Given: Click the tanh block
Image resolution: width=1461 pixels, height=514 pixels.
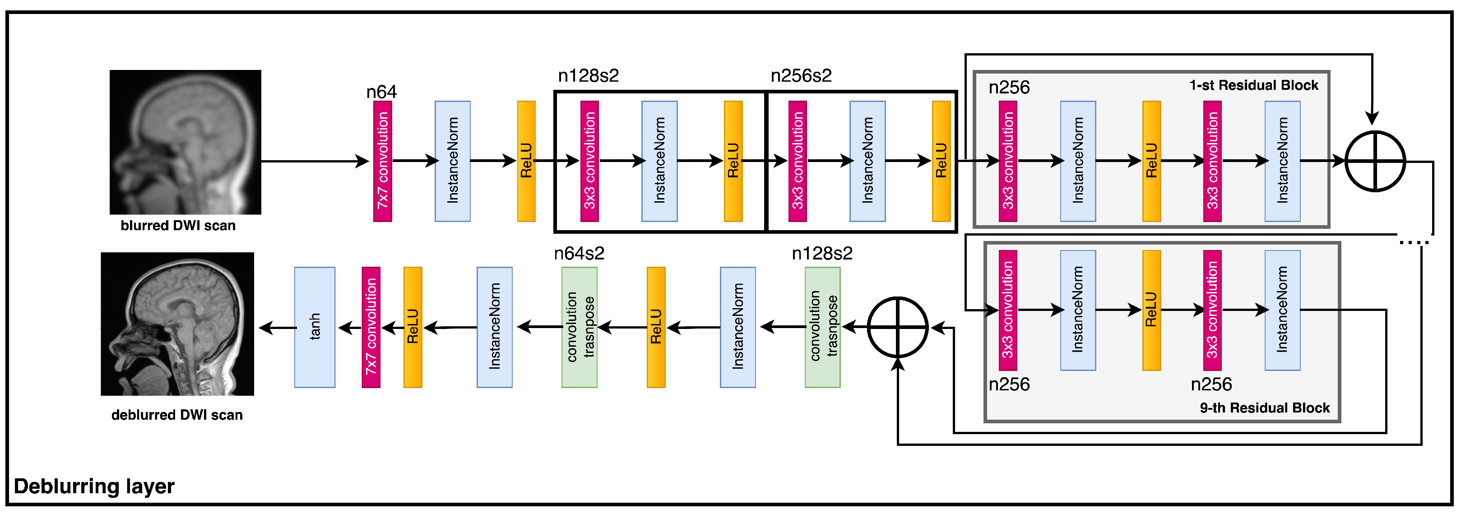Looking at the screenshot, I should [x=314, y=327].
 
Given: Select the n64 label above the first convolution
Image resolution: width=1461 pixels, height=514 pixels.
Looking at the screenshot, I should [x=381, y=92].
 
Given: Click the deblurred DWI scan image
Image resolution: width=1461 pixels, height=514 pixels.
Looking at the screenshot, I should [x=177, y=324].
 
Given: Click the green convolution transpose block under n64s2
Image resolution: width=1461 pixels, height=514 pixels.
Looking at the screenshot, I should [x=579, y=327].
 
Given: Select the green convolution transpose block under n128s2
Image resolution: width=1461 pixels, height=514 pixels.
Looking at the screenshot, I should [x=822, y=327].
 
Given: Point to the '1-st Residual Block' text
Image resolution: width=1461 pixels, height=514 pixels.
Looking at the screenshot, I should [x=1253, y=85].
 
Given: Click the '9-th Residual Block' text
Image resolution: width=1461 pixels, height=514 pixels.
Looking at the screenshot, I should [x=1264, y=408].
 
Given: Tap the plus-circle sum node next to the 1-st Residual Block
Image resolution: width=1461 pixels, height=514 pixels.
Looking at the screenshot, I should [x=1375, y=162].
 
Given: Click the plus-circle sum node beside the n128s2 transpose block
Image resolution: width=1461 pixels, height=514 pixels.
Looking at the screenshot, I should [x=897, y=327].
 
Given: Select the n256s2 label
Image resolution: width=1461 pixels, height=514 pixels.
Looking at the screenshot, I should [x=801, y=75].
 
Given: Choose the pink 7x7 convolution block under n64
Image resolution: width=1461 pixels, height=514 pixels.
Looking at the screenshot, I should [x=383, y=162].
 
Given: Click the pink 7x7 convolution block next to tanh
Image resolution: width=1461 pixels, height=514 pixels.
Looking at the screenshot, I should [x=371, y=327].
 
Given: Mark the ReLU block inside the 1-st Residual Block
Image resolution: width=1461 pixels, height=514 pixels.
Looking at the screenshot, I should [x=1151, y=162].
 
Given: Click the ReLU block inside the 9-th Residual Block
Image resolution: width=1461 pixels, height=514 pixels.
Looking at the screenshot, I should [x=1151, y=310].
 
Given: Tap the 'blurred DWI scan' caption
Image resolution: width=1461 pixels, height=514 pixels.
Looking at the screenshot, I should [x=178, y=226].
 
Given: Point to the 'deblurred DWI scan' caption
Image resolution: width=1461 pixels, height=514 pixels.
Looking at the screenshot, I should [x=177, y=415].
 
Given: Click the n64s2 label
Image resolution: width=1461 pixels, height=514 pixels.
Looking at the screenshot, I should [x=579, y=254].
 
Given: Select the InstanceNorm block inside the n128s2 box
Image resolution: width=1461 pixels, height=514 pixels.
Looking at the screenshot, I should [x=659, y=162].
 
